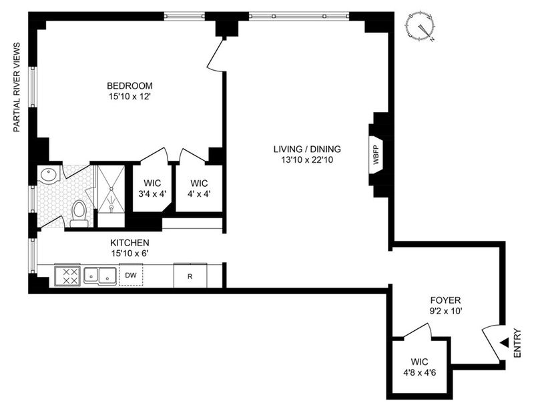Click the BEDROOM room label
click(129, 85)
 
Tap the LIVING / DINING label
click(307, 149)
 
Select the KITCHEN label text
click(129, 243)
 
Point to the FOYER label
click(445, 300)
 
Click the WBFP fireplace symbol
click(376, 155)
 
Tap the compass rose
click(421, 28)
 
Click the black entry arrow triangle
click(505, 343)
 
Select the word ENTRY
click(517, 343)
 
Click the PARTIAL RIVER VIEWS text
click(17, 87)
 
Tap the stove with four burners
click(67, 275)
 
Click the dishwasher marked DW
click(131, 274)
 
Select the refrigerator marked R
click(190, 276)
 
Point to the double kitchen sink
click(100, 276)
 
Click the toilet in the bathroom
click(79, 214)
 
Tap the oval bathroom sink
click(49, 175)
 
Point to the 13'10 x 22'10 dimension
click(307, 159)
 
